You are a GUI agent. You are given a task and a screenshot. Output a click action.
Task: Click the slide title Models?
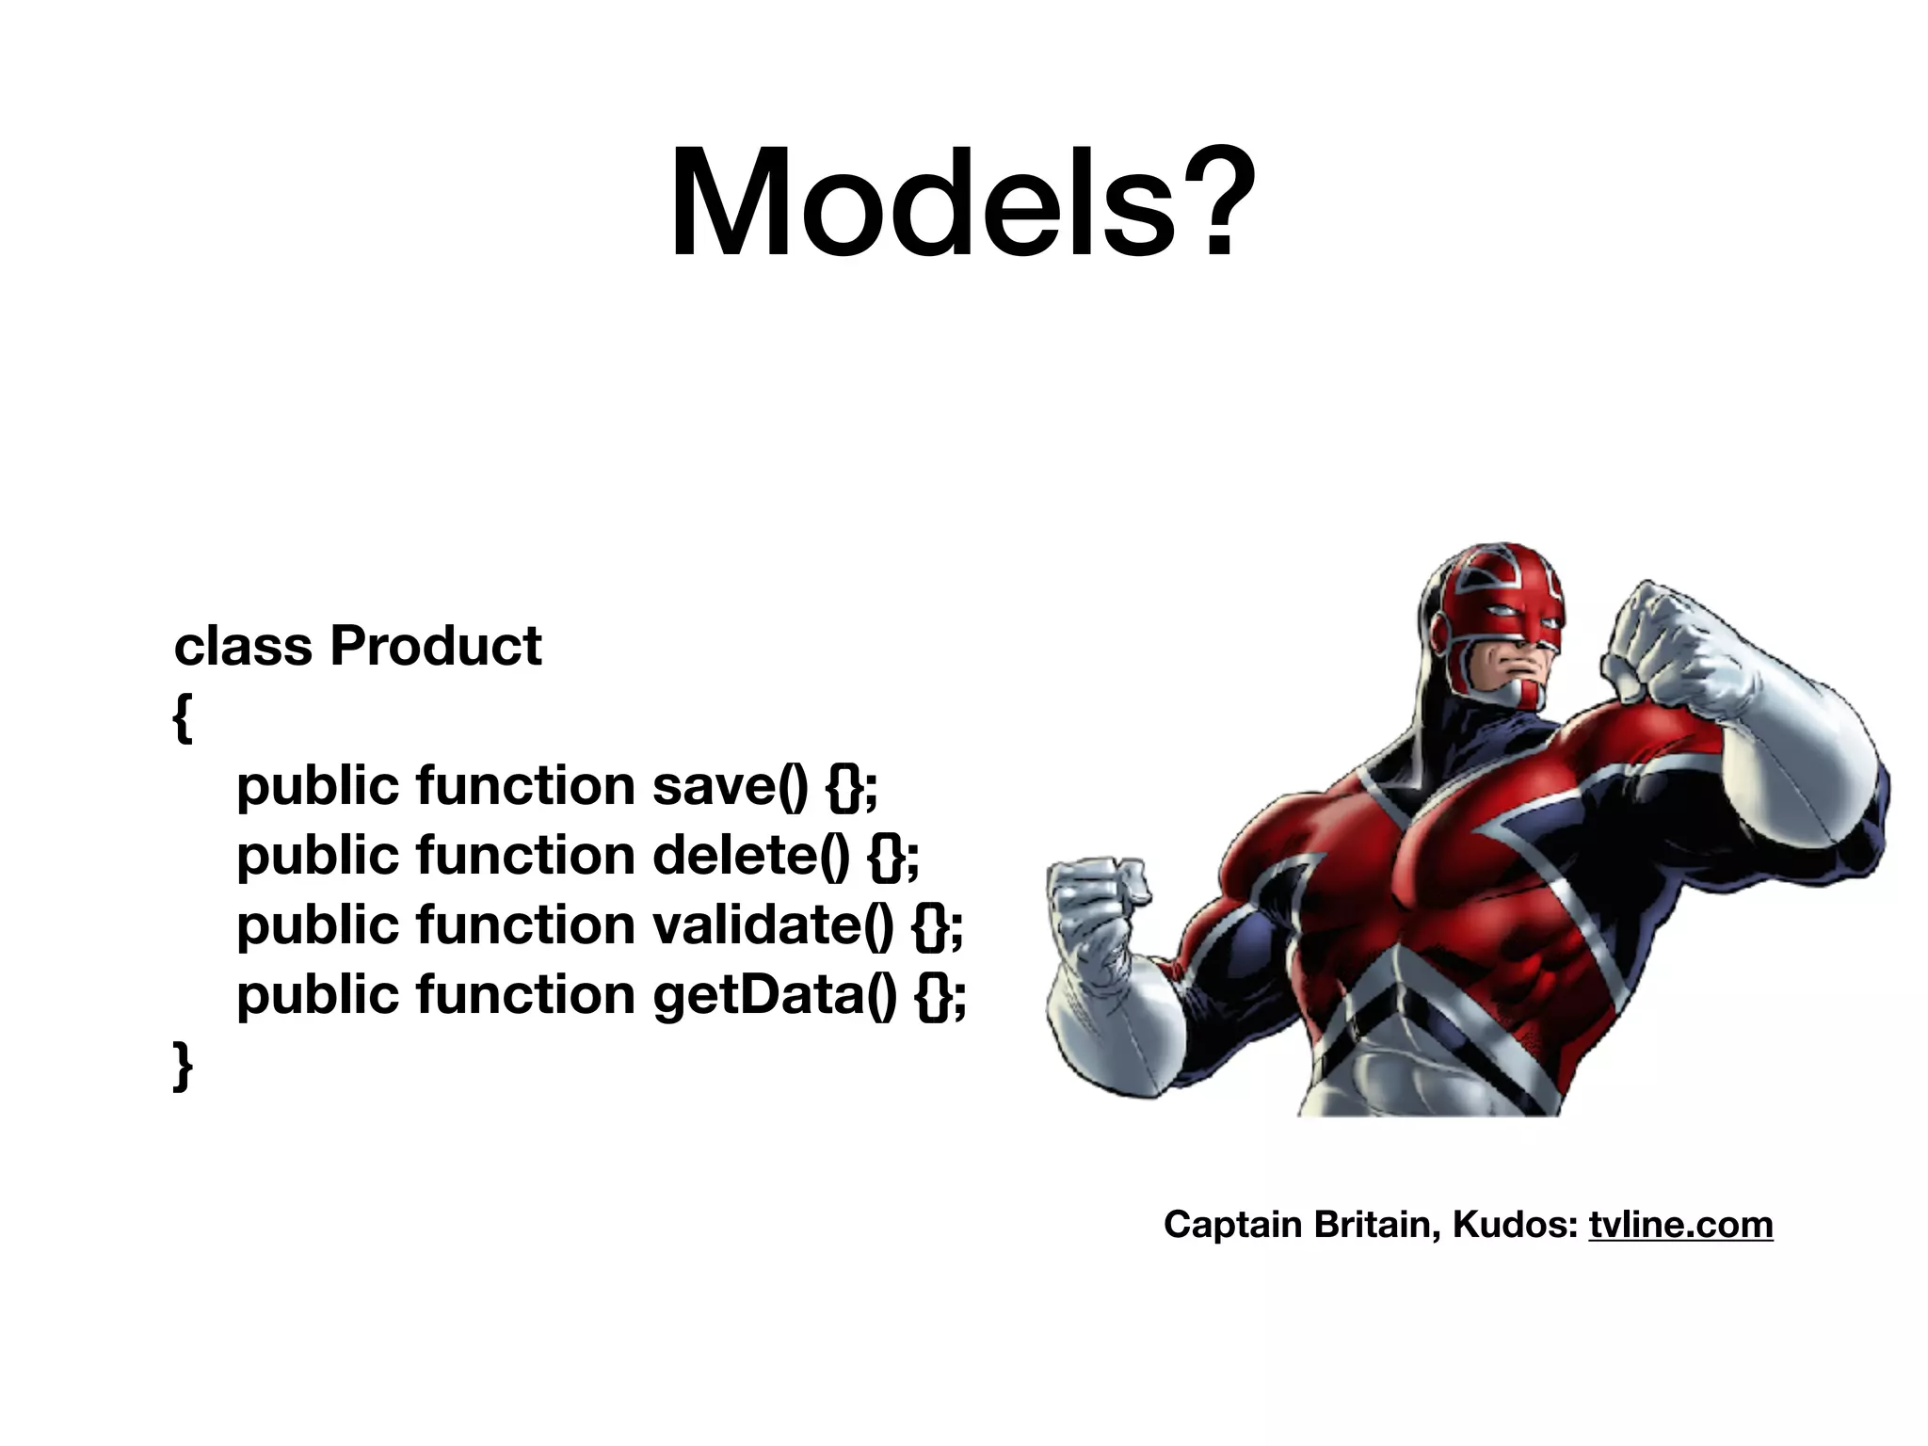[x=962, y=202]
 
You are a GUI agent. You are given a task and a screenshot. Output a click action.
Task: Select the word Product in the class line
[x=435, y=646]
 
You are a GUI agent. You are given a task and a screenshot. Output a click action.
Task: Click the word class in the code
[x=243, y=646]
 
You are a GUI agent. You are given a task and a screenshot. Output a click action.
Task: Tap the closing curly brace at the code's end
[x=183, y=1066]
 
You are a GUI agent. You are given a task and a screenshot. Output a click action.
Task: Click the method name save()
[x=730, y=785]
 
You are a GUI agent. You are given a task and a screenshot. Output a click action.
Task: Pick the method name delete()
[x=750, y=855]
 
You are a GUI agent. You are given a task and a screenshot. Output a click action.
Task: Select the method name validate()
[x=772, y=924]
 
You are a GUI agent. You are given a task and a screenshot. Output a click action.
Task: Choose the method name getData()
[x=774, y=994]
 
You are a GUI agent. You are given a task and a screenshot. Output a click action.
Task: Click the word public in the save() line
[x=317, y=785]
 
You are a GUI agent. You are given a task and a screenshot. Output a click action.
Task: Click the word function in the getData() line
[x=525, y=994]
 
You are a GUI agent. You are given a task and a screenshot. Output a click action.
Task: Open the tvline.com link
[x=1680, y=1224]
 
